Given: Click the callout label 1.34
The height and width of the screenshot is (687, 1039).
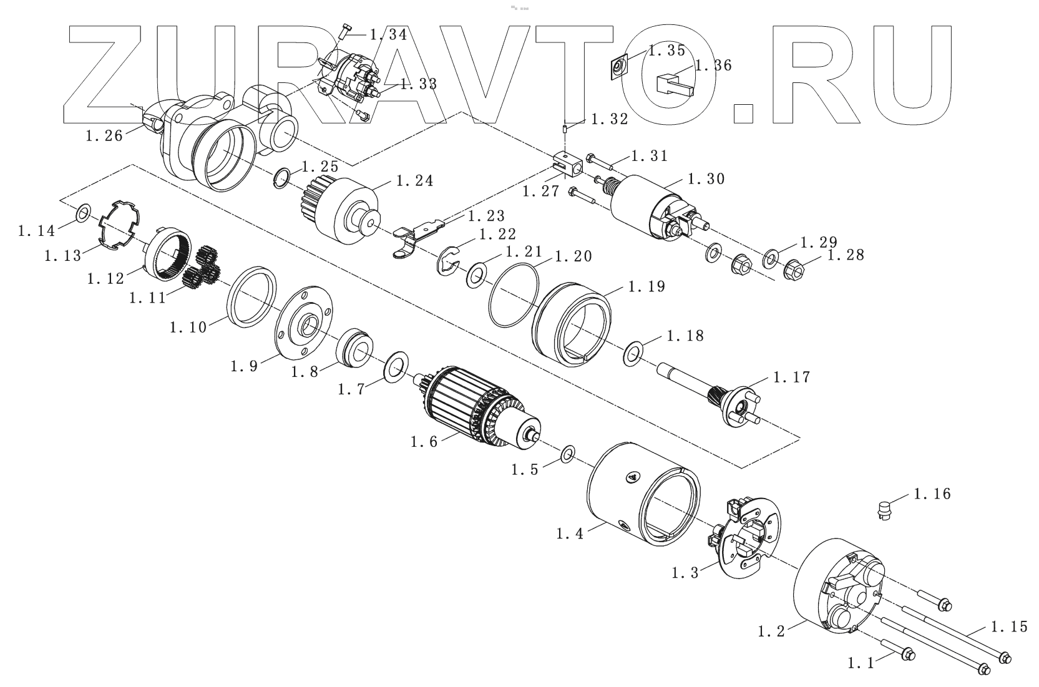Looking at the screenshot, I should (388, 35).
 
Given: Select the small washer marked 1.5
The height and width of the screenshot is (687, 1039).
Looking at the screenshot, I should (568, 454).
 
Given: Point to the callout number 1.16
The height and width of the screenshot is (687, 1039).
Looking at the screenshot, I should (932, 494).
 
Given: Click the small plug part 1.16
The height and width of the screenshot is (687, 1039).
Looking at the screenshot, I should (882, 510).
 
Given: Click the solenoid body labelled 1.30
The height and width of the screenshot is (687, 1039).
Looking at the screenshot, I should (649, 206).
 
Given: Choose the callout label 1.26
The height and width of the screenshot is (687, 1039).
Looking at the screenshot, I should (104, 135).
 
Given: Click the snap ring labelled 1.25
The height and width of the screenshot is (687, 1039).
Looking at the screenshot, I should (282, 177).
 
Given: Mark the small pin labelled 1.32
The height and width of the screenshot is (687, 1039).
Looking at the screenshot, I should (565, 129).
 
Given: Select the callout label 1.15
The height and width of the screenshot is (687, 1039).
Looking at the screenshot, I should (1008, 626).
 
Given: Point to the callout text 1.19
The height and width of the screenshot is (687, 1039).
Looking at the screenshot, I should (646, 286).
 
